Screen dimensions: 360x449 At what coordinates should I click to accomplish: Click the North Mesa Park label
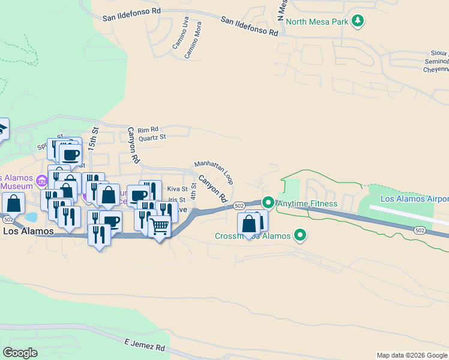(317, 22)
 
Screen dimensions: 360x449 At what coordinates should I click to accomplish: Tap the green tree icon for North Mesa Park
(358, 22)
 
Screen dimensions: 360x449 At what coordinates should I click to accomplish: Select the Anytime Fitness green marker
(268, 204)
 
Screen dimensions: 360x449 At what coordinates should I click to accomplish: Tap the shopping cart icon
(158, 227)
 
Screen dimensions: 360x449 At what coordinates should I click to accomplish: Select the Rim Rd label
(148, 130)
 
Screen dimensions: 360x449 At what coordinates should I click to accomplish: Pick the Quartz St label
(151, 137)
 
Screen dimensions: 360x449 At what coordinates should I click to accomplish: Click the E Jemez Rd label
(144, 345)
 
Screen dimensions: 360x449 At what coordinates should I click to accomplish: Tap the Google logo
(20, 352)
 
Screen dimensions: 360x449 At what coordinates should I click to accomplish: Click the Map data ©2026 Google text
(411, 355)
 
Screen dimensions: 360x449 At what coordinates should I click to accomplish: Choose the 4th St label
(193, 192)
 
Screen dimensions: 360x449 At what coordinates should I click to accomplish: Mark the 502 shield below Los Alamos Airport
(420, 230)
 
